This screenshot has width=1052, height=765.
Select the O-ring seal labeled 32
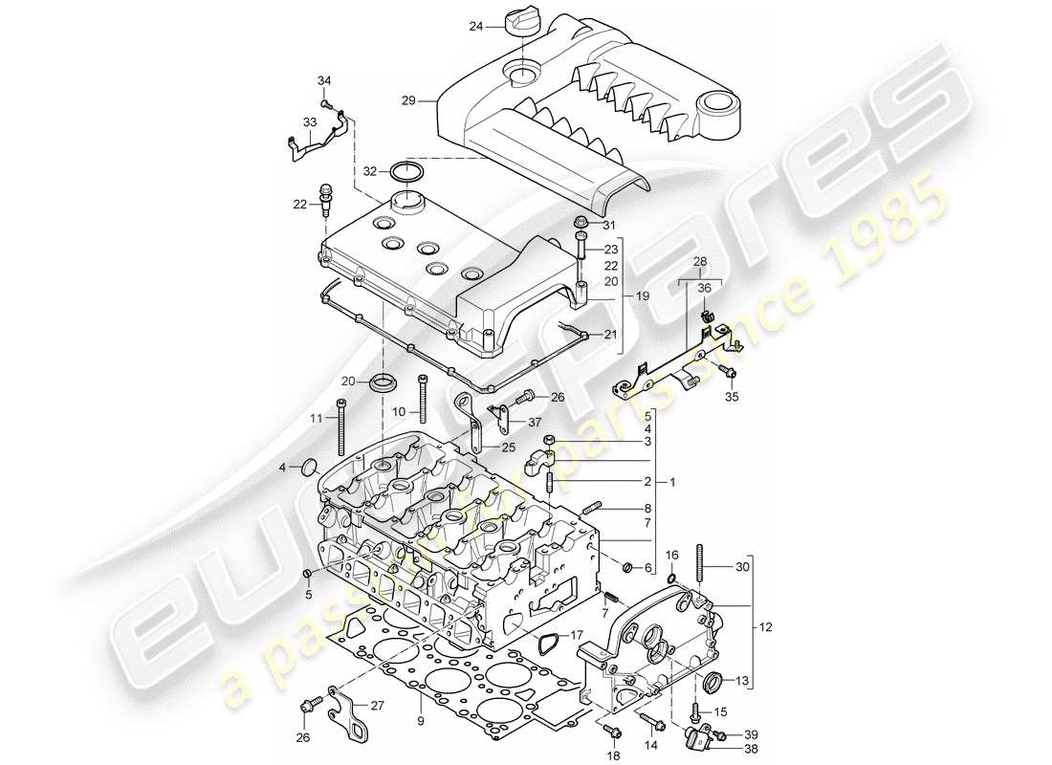(x=408, y=171)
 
